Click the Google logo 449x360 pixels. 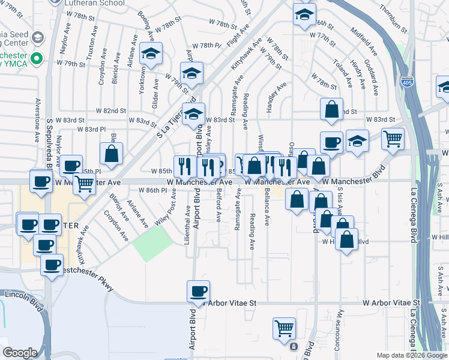tap(20, 353)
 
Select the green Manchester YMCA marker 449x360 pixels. tap(36, 59)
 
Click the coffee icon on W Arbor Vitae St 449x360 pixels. tap(198, 292)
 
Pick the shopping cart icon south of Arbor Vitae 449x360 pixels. tap(283, 328)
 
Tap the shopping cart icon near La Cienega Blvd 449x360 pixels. tap(393, 139)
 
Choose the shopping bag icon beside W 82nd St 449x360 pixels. tap(331, 110)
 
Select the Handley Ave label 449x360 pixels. tap(277, 95)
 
